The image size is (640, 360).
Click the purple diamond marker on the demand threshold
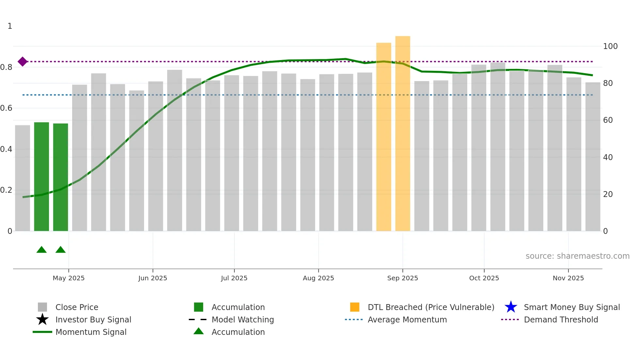tap(23, 61)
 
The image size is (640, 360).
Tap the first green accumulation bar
tap(41, 176)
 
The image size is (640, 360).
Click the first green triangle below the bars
tap(41, 250)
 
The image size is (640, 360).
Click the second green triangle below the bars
tap(61, 250)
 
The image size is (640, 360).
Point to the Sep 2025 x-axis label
tap(403, 278)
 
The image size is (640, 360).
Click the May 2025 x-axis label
tap(69, 278)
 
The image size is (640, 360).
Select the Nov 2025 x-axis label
tap(568, 278)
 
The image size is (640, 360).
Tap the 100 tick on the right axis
tap(610, 46)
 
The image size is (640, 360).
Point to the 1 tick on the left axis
tap(10, 26)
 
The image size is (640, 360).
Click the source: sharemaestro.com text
tap(577, 256)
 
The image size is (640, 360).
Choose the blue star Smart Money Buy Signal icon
tap(511, 307)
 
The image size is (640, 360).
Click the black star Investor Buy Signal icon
tap(42, 319)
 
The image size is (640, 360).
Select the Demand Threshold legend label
tap(561, 319)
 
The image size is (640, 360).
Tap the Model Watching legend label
tap(243, 319)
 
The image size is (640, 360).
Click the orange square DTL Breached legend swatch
tap(355, 307)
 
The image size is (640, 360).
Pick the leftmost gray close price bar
tap(23, 178)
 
